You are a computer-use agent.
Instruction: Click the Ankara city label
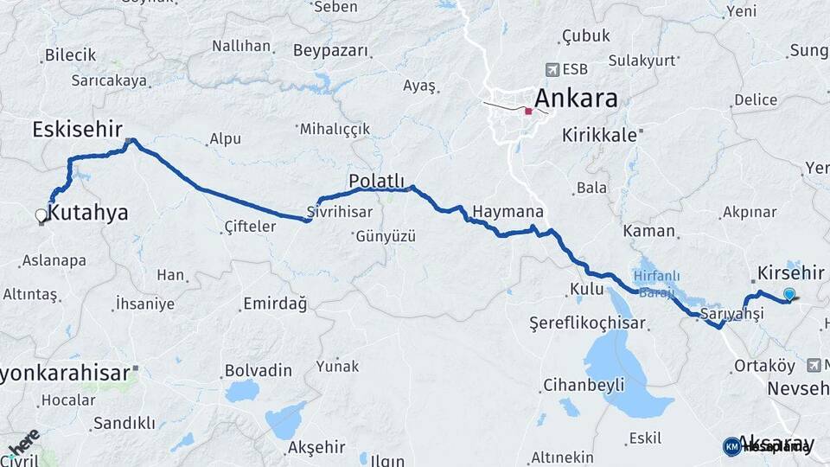[577, 98]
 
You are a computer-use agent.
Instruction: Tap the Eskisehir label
[77, 130]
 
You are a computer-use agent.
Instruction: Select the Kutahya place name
[89, 213]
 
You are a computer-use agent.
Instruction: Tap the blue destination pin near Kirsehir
[788, 294]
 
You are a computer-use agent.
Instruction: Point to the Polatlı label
[376, 181]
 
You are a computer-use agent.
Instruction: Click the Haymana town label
[508, 212]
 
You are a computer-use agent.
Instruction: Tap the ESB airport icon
[552, 69]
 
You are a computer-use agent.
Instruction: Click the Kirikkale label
[600, 135]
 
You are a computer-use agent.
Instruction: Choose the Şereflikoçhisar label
[577, 323]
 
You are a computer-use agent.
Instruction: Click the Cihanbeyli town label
[584, 385]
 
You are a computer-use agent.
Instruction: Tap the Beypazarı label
[330, 50]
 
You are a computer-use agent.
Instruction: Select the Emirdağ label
[275, 304]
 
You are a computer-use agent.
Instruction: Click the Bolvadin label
[259, 370]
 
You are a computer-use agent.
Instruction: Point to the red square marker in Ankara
[528, 111]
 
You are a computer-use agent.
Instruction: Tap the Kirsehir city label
[791, 272]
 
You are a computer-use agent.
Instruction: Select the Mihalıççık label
[335, 129]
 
